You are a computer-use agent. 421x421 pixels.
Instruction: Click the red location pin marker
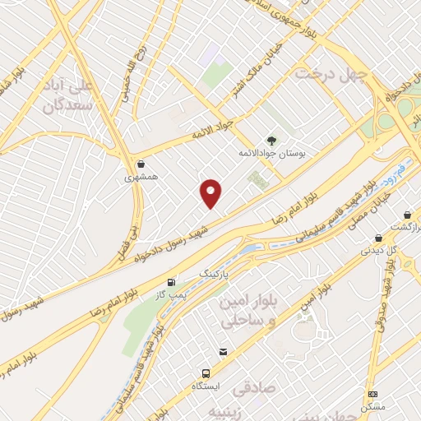[x=211, y=193]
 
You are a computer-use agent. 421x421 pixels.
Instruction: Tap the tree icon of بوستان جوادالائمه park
[x=272, y=141]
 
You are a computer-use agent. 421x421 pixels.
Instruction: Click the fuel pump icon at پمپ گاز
[x=171, y=281]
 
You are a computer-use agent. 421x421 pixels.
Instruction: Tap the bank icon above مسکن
[x=372, y=395]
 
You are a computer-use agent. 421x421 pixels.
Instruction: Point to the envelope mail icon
[x=222, y=352]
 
